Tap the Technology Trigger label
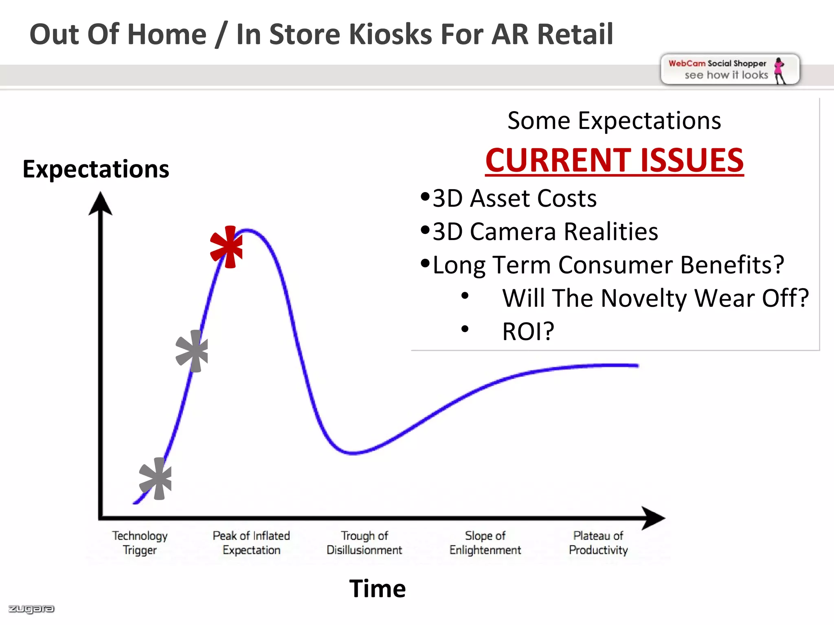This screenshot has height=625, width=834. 140,543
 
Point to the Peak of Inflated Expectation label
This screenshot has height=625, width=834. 251,543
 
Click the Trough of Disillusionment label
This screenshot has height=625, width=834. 364,543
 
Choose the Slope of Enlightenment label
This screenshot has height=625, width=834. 485,543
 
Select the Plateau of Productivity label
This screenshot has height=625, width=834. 598,543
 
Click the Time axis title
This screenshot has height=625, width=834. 377,588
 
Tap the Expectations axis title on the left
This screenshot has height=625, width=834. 96,169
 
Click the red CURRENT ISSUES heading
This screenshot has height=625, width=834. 614,160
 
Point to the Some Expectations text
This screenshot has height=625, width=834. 614,121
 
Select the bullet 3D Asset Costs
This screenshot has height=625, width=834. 514,199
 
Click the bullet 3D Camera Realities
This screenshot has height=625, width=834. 545,232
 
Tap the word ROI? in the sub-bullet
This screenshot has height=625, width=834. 528,331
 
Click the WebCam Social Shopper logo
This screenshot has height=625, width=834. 729,70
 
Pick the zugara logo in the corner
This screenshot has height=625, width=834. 31,609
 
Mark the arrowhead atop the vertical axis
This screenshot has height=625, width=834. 100,204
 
